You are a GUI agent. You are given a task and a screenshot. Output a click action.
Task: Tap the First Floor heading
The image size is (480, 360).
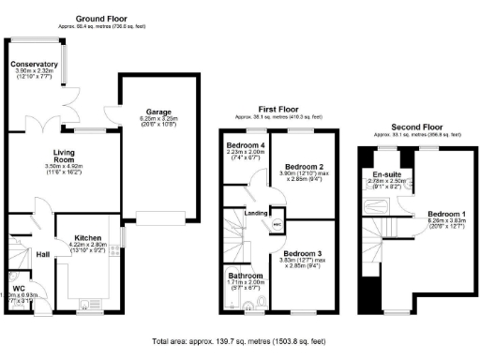pos(271,109)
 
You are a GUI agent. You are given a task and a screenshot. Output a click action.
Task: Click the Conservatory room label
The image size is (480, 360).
pos(36,65)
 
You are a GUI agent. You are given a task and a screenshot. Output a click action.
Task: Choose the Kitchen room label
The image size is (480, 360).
pos(87,238)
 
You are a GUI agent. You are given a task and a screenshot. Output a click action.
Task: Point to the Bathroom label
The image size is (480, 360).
pos(246,276)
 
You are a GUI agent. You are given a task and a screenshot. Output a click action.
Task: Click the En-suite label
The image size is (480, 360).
pos(387,174)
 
